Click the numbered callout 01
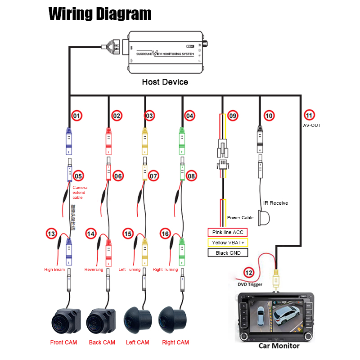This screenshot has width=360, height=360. (x=77, y=116)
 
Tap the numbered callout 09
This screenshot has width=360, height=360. (x=232, y=116)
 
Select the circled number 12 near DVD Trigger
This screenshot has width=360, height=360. (x=249, y=272)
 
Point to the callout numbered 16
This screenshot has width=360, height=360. (x=165, y=234)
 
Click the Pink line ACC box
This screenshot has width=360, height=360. (x=228, y=232)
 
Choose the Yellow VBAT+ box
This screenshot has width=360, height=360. (x=228, y=243)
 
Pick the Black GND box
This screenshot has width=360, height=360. (x=228, y=253)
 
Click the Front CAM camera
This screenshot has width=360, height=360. (x=65, y=320)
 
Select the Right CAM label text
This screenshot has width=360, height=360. (x=175, y=342)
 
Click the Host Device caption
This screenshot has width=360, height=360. (x=165, y=82)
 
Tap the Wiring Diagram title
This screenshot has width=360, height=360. (x=99, y=13)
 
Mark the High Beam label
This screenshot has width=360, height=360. (x=54, y=270)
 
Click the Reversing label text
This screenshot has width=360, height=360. (x=94, y=270)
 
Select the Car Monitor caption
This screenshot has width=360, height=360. (x=279, y=346)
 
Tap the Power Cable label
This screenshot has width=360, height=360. (x=240, y=217)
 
